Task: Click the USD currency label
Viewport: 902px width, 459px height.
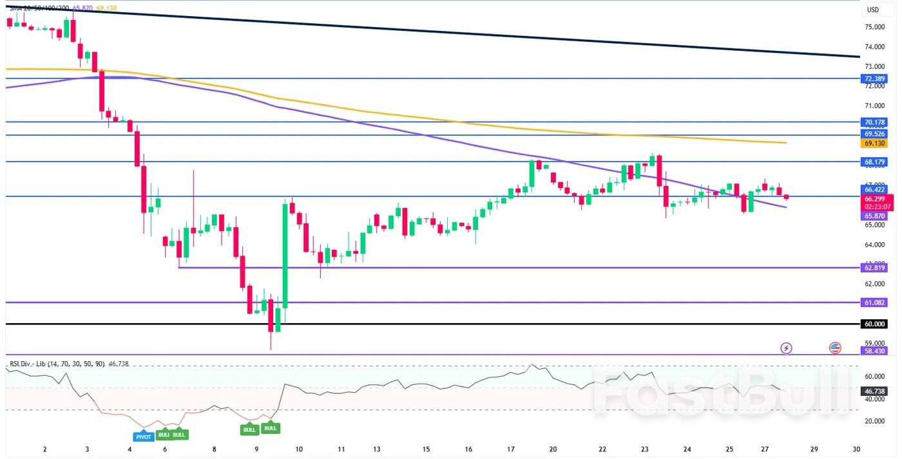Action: point(872,10)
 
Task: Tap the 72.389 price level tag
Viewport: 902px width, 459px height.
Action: point(874,79)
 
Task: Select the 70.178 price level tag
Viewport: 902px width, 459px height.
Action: point(874,122)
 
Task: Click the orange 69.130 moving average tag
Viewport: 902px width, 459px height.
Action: point(874,144)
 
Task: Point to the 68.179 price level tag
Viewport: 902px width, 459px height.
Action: point(874,162)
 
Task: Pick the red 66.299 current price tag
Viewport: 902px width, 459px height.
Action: point(874,199)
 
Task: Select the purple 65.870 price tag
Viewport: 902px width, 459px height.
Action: point(874,216)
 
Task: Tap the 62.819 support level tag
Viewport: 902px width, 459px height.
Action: point(874,267)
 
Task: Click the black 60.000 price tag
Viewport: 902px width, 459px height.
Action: point(874,324)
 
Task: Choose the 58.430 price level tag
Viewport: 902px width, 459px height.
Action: point(874,351)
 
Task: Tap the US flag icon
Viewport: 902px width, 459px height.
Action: point(835,348)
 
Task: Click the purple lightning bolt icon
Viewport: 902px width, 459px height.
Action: point(786,348)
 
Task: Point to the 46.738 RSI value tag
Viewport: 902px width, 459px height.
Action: point(874,391)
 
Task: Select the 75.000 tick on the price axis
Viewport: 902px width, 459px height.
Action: point(874,27)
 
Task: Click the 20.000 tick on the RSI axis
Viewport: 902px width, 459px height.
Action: point(874,421)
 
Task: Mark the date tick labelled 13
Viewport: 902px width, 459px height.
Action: point(376,449)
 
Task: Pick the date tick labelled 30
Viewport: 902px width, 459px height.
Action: point(856,449)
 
